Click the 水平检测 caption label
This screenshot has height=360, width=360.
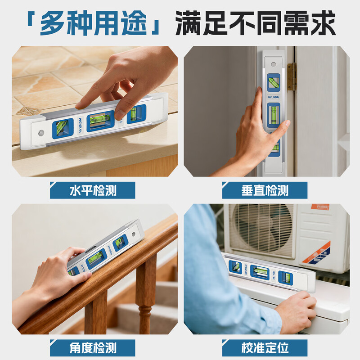pos(93,190)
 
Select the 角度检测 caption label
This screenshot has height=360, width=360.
pos(93,347)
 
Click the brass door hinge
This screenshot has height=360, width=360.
pos(292,76)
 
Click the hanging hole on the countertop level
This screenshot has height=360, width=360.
pos(41,133)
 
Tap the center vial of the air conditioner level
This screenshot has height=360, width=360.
pos(260,271)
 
